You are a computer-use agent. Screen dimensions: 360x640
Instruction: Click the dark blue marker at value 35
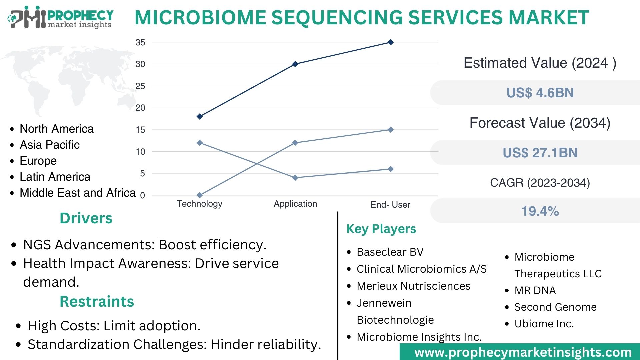coord(391,42)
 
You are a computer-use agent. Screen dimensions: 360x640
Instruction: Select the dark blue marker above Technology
coord(200,116)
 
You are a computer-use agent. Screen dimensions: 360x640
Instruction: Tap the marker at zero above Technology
coord(200,195)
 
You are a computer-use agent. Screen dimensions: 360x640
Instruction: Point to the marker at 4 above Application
coord(295,178)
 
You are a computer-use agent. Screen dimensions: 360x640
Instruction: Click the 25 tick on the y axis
coord(140,86)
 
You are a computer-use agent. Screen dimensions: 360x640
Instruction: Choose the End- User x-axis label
coord(390,205)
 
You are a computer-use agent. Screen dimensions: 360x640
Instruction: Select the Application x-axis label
coord(295,204)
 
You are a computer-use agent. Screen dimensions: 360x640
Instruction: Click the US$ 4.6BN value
coord(540,93)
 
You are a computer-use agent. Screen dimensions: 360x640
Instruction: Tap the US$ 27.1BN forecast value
coord(540,153)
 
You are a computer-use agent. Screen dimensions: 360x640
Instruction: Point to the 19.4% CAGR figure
coord(540,211)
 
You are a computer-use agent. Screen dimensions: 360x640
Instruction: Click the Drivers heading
coord(86,218)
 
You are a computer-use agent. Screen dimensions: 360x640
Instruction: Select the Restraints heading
coord(97,302)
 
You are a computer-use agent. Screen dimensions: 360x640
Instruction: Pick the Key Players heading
coord(381,229)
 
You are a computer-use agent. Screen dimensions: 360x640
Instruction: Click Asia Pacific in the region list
coord(50,145)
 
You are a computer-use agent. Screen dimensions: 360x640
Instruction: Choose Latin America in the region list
coord(55,177)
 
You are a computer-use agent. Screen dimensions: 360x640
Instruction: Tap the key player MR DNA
coord(535,290)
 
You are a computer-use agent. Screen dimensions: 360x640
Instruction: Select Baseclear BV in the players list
coord(390,252)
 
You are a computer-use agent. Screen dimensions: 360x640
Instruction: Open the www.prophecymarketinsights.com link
coord(523,352)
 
